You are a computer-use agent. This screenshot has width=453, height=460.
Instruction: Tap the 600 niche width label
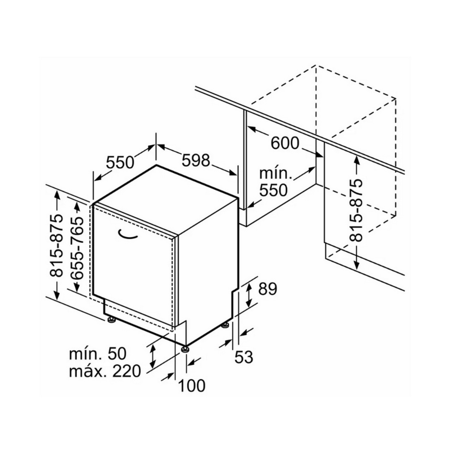(285, 143)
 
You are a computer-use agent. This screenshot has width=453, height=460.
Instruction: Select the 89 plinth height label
(268, 289)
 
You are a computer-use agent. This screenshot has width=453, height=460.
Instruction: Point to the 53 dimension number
(243, 357)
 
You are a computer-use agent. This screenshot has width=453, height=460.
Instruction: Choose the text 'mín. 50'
(97, 354)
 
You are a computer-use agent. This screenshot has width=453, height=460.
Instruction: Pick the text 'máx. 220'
(105, 371)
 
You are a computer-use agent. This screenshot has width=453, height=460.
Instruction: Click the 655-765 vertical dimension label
(77, 247)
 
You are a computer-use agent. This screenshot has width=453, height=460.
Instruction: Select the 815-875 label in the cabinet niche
(356, 210)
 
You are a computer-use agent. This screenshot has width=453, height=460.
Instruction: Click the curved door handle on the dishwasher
(128, 235)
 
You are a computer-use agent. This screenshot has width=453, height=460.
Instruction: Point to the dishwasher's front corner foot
(185, 349)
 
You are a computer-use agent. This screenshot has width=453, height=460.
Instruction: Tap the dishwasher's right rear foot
(226, 325)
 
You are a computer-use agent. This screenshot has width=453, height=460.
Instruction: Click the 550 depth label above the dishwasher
(120, 162)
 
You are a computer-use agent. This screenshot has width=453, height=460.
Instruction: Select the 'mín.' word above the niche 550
(276, 174)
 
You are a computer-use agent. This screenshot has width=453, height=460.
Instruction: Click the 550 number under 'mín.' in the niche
(273, 190)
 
